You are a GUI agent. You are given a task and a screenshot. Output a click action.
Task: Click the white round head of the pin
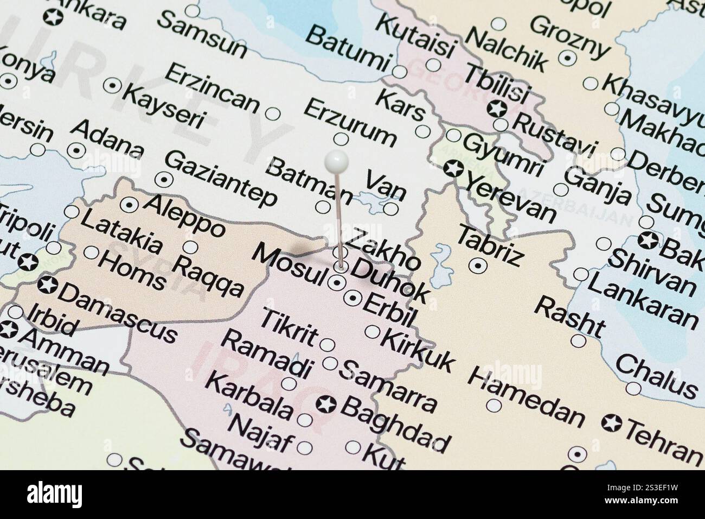click(336, 161)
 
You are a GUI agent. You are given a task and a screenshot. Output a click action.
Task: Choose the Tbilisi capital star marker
click(497, 108)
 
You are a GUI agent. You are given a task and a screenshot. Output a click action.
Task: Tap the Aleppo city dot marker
click(129, 205)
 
